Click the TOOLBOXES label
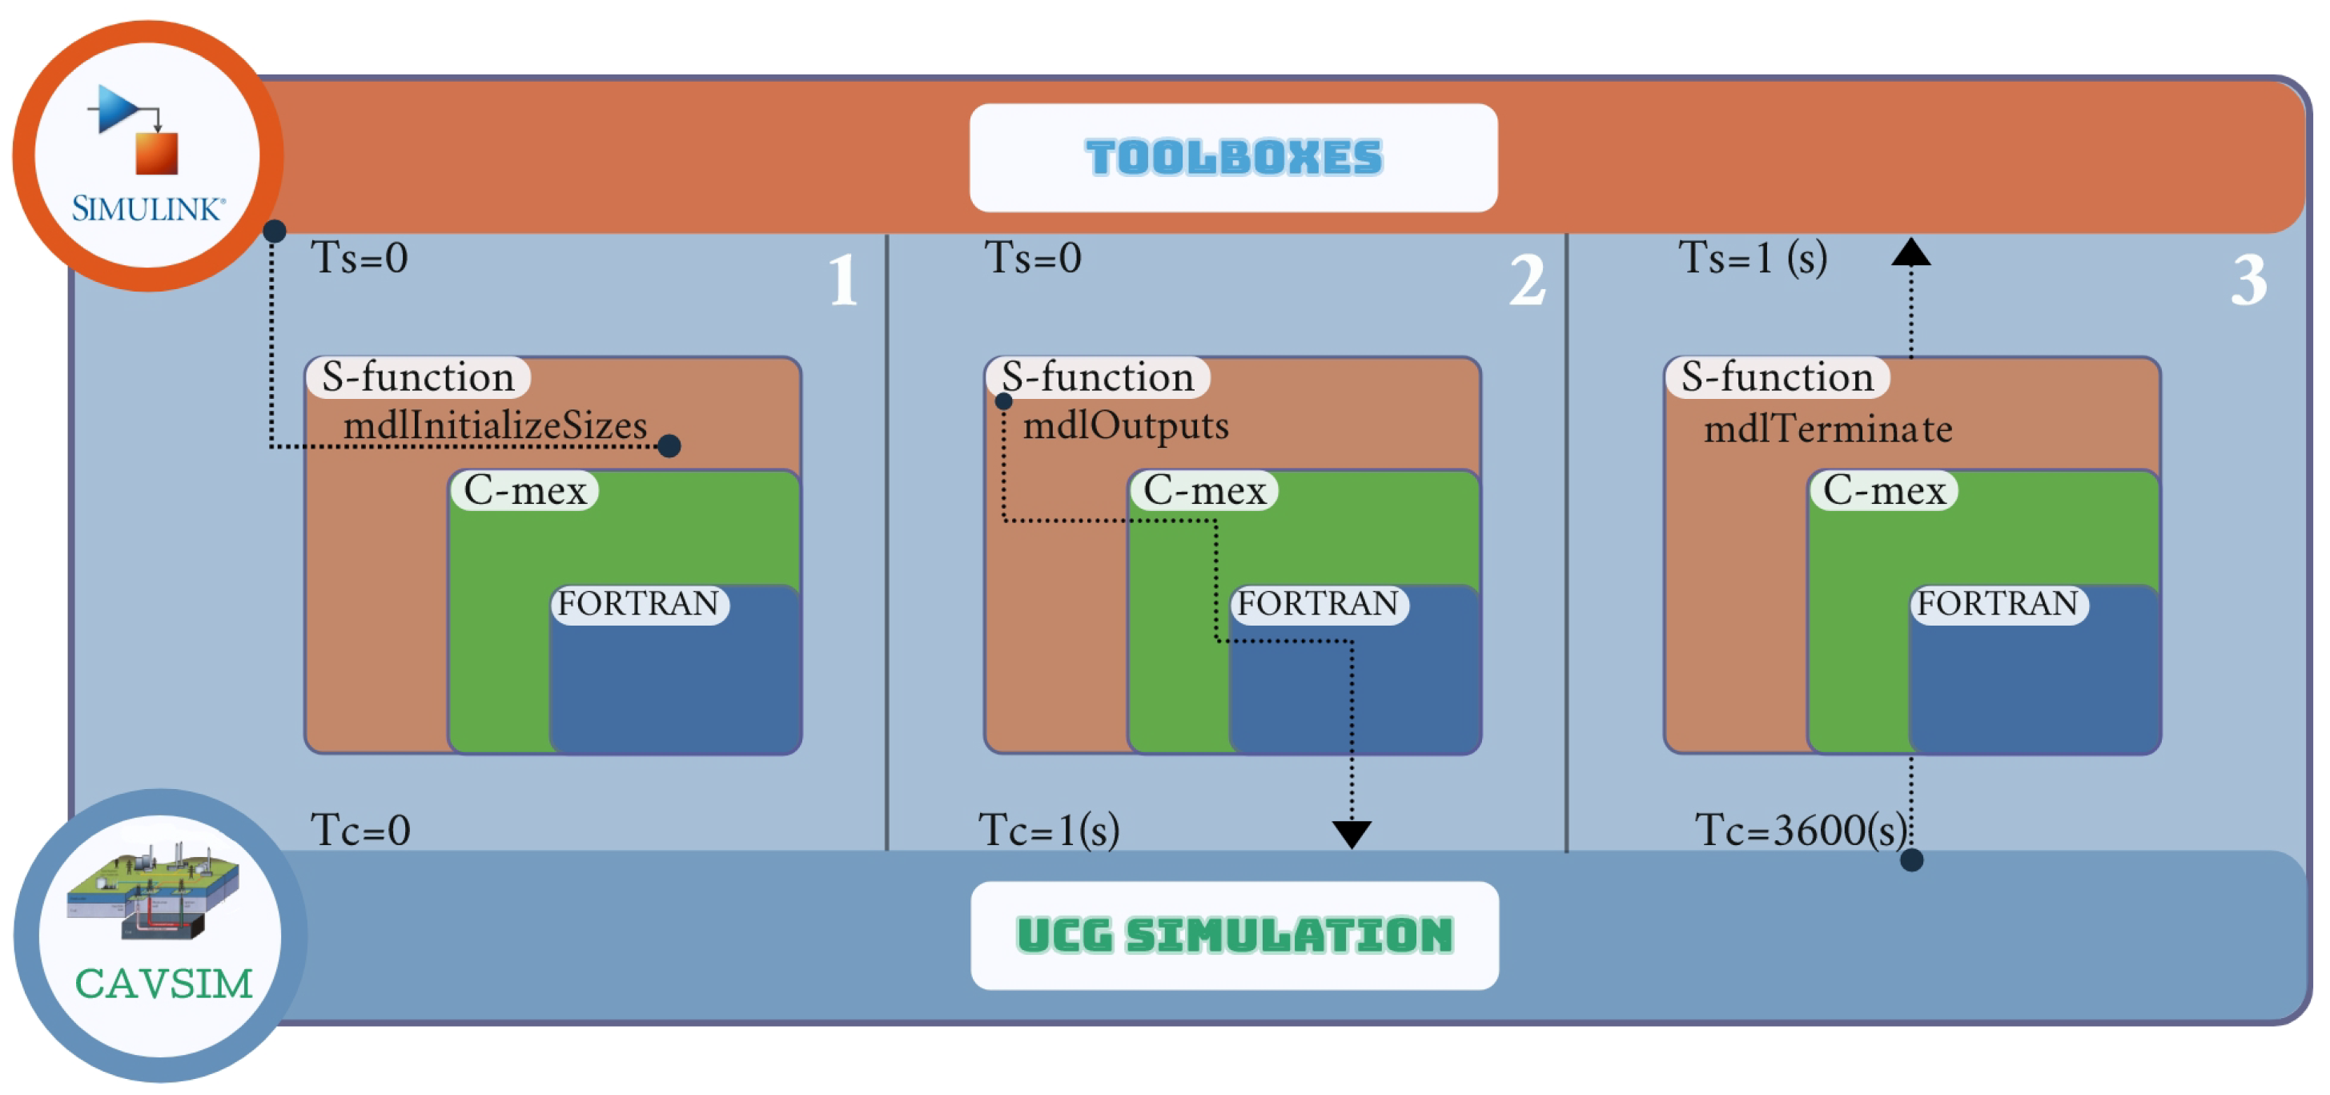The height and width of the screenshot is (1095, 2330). point(1234,158)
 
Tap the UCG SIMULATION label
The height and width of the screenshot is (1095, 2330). point(1235,935)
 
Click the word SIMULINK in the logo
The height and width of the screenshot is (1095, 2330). point(147,210)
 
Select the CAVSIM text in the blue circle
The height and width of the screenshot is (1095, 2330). point(163,984)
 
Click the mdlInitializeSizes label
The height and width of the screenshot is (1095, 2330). point(495,425)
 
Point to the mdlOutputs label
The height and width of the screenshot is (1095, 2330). point(1125,425)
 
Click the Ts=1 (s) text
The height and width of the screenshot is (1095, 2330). point(1753,258)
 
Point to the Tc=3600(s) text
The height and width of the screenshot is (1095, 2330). point(1800,830)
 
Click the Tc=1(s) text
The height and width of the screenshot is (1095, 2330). point(1049,830)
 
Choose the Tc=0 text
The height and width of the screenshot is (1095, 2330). point(360,830)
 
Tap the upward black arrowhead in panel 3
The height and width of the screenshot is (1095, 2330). point(1910,252)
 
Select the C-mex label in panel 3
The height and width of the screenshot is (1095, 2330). point(1884,490)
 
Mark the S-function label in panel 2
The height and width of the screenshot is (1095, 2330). point(1098,376)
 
